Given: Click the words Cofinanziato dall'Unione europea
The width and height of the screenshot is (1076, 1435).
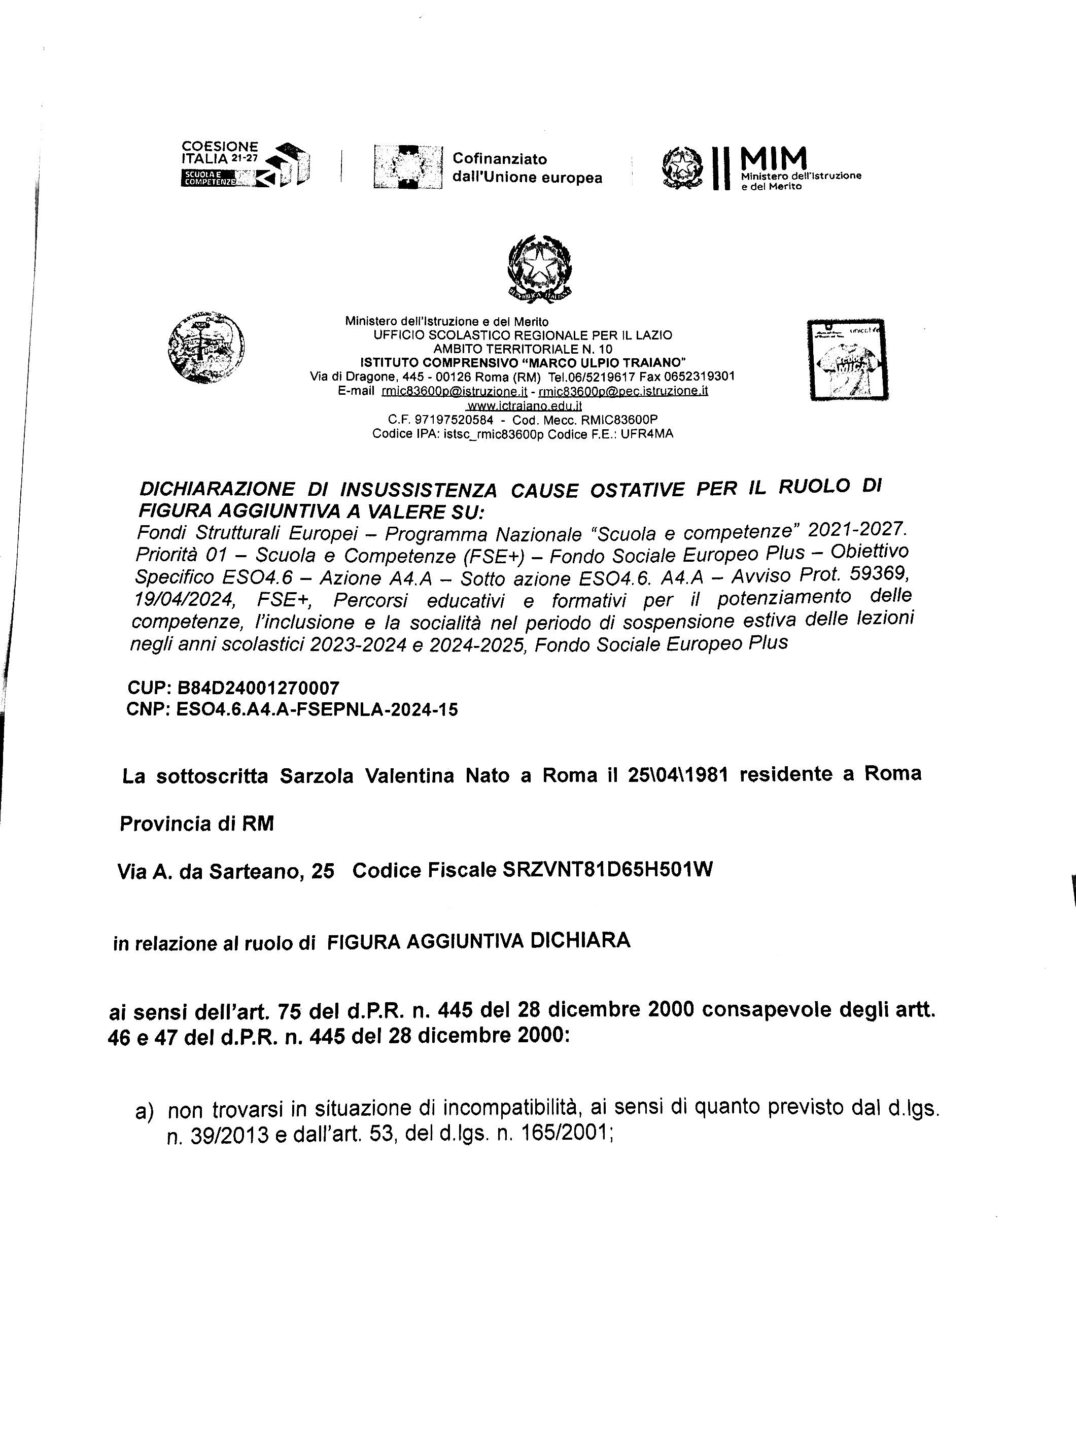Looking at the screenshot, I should pos(527,168).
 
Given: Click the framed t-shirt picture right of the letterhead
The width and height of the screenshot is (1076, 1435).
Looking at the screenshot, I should pos(848,360).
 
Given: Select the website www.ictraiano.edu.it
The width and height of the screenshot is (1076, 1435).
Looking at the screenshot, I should pos(524,406).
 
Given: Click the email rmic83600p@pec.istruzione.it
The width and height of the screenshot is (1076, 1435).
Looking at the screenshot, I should pos(623,391).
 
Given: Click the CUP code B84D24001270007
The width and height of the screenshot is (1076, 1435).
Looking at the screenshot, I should pos(258,687).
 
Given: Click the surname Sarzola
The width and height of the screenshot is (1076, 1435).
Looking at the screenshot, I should pos(317,776).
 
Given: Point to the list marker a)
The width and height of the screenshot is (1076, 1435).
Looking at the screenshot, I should pos(145,1112).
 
